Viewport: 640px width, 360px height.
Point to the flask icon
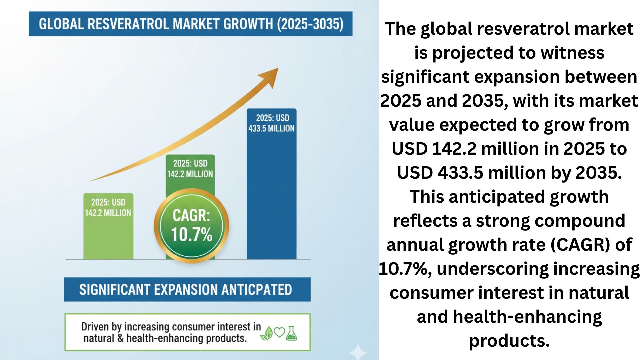(x=291, y=333)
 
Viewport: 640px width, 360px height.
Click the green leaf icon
(x=267, y=333)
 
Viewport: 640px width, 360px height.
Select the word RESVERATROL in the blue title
(x=128, y=24)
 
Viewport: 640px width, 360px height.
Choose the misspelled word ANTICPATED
(x=257, y=289)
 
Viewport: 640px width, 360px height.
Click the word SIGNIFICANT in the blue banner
(x=114, y=289)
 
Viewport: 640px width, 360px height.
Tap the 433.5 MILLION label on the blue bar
(x=271, y=128)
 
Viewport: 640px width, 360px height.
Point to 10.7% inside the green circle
(x=191, y=234)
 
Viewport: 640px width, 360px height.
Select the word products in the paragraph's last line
(x=509, y=341)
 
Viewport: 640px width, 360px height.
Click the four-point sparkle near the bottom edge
(x=358, y=352)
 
